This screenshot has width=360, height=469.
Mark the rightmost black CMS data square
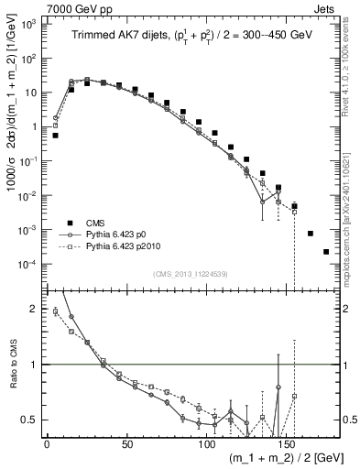[326, 252]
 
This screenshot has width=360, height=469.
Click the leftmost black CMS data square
[55, 136]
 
